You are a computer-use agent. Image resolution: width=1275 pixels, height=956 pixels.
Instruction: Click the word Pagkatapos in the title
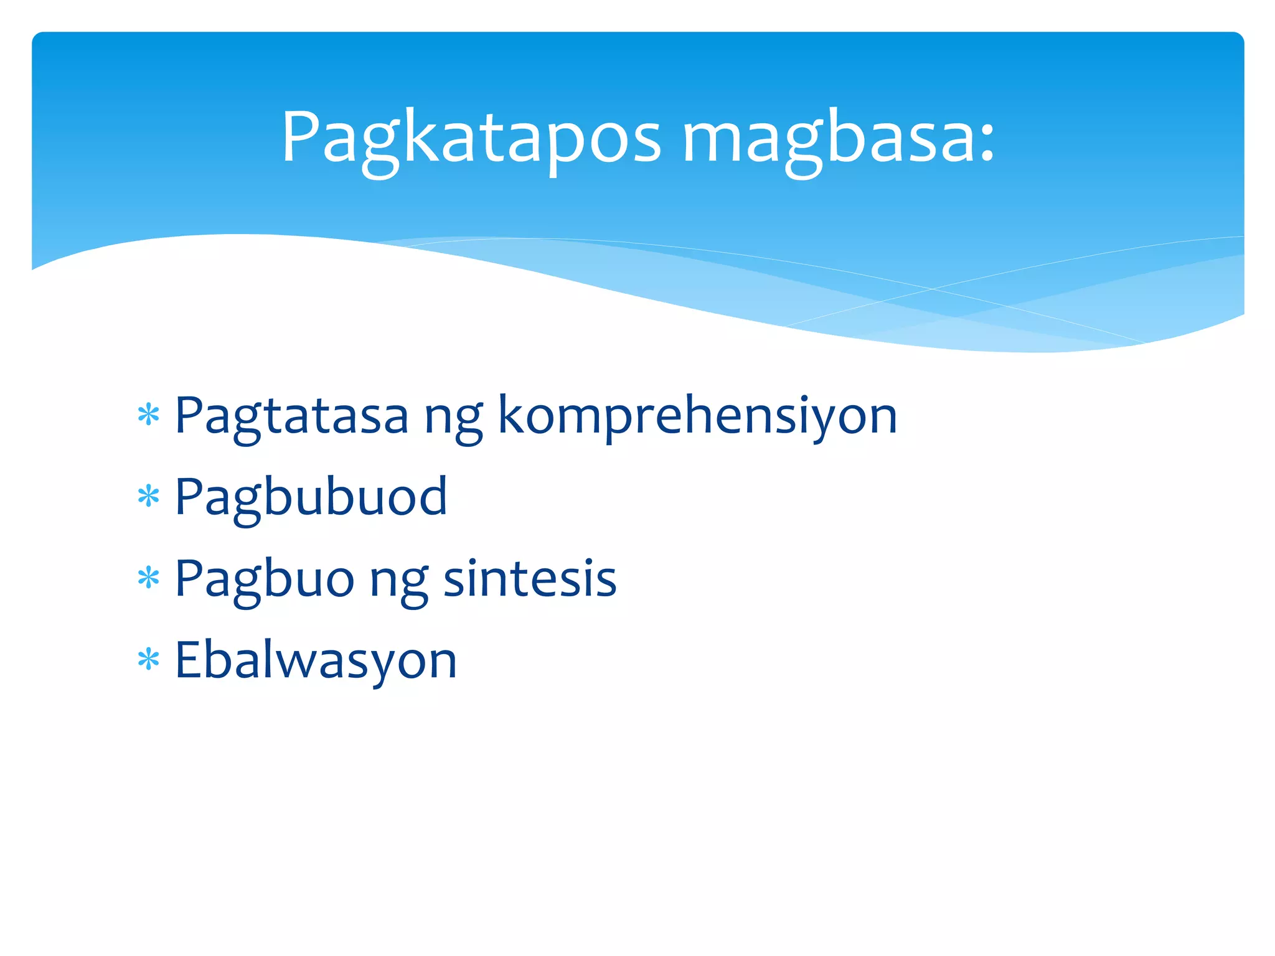click(471, 138)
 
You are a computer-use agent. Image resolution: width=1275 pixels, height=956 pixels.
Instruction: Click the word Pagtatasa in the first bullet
click(291, 416)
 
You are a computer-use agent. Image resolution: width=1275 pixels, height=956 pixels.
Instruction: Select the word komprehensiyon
click(697, 416)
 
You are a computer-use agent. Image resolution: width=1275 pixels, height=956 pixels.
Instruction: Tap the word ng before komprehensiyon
click(453, 420)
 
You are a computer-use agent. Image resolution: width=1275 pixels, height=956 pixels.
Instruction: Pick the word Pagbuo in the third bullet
click(265, 579)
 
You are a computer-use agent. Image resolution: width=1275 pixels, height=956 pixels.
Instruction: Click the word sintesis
click(529, 578)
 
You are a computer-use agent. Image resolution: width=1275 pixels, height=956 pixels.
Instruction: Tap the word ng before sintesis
click(398, 583)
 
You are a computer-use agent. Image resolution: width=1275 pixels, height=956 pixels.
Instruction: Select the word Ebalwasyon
click(316, 660)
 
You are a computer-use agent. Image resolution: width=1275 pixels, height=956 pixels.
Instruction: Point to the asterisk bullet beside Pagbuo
click(149, 578)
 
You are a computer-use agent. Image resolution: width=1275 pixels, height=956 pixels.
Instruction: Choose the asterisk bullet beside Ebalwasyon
click(149, 660)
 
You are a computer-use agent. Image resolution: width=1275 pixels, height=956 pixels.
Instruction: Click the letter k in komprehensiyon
click(512, 414)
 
